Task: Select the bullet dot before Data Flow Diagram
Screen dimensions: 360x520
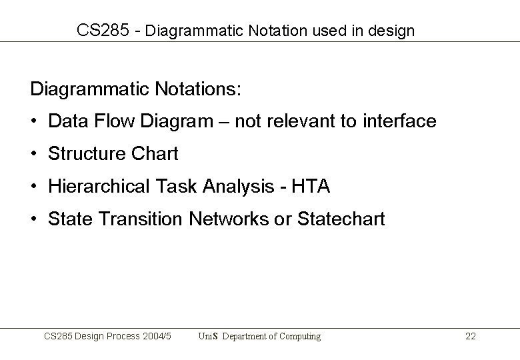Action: coord(34,121)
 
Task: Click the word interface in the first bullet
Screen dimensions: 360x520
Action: coord(399,121)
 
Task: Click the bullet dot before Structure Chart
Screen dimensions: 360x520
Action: coord(34,154)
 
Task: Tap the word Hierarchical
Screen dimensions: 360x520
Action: coord(99,187)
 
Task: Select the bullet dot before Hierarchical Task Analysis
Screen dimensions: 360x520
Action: coord(34,187)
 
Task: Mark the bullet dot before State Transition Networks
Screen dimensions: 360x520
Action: coord(34,219)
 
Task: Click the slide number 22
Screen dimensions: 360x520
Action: coord(470,337)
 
